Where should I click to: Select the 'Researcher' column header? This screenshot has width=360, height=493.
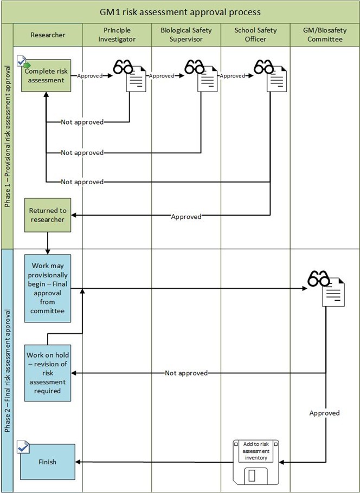tap(47, 35)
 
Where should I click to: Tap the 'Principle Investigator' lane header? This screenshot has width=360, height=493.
tap(117, 35)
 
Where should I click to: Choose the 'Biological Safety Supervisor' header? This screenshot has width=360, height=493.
tap(186, 35)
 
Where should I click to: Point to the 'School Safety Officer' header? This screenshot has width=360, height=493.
tap(255, 35)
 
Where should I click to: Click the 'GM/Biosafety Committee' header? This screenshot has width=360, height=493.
tap(324, 35)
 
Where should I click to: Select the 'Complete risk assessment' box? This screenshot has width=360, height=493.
tap(47, 76)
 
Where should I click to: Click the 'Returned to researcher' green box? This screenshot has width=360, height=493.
tap(47, 215)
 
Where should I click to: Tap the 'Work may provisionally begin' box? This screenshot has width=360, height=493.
tap(47, 288)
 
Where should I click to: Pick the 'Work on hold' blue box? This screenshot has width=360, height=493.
tap(47, 372)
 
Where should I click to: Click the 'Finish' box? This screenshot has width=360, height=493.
tap(47, 462)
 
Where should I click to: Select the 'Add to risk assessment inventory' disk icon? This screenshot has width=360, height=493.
tap(255, 461)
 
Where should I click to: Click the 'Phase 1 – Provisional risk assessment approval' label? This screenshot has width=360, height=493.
tap(8, 137)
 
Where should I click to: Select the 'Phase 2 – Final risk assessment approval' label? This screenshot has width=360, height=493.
tap(8, 371)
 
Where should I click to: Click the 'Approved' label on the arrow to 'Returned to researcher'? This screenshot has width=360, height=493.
tap(186, 217)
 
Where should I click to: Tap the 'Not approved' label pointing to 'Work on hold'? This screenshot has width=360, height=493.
tap(186, 373)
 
